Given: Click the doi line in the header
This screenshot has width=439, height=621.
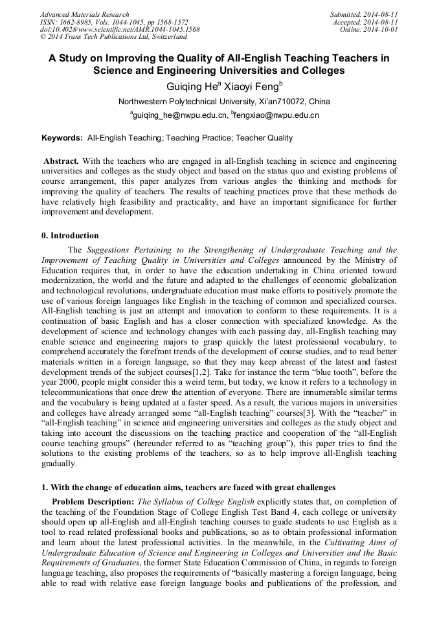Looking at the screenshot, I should [x=120, y=30].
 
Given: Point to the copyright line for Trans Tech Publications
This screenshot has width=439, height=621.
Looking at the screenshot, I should [x=113, y=38].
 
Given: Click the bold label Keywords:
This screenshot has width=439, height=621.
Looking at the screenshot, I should [x=62, y=138].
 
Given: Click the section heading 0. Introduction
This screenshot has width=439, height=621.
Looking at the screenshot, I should [x=70, y=236].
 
